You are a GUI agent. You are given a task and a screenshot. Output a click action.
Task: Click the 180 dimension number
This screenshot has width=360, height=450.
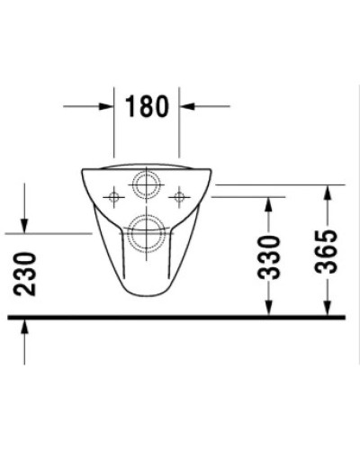pos(147,105)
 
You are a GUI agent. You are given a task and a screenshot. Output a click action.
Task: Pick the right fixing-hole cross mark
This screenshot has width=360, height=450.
pos(179,194)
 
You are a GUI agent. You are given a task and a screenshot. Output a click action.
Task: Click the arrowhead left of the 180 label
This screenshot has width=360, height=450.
pos(105,105)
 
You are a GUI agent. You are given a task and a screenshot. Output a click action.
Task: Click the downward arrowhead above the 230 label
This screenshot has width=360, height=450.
pos(24,225)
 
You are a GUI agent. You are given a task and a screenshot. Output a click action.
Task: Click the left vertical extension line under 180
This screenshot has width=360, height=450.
pos(113,130)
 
